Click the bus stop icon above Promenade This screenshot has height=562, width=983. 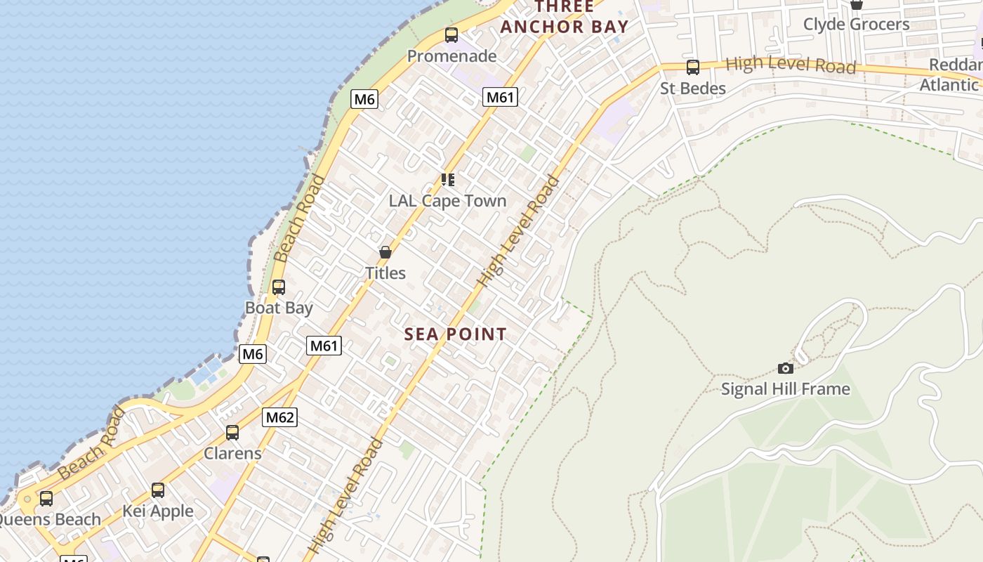451,35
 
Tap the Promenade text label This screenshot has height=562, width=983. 451,56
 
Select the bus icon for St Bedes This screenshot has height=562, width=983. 693,67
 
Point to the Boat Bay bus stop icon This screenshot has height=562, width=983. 279,287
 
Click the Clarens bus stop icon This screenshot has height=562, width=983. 232,433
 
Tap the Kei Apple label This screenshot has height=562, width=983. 158,511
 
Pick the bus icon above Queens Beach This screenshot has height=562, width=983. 46,499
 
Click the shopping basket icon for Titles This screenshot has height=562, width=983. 385,252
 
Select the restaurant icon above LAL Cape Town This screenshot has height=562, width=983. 448,180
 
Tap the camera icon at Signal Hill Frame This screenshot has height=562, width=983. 786,368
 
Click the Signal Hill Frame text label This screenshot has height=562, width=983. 786,388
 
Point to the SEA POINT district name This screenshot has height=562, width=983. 455,334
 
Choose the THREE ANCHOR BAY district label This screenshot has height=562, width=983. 565,18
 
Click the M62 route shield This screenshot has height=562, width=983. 280,417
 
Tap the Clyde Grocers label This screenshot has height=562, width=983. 856,25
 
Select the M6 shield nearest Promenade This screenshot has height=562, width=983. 364,99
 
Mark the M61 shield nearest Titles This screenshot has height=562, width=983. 324,345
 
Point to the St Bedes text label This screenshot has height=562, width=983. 693,89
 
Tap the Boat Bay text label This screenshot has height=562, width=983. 279,308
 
